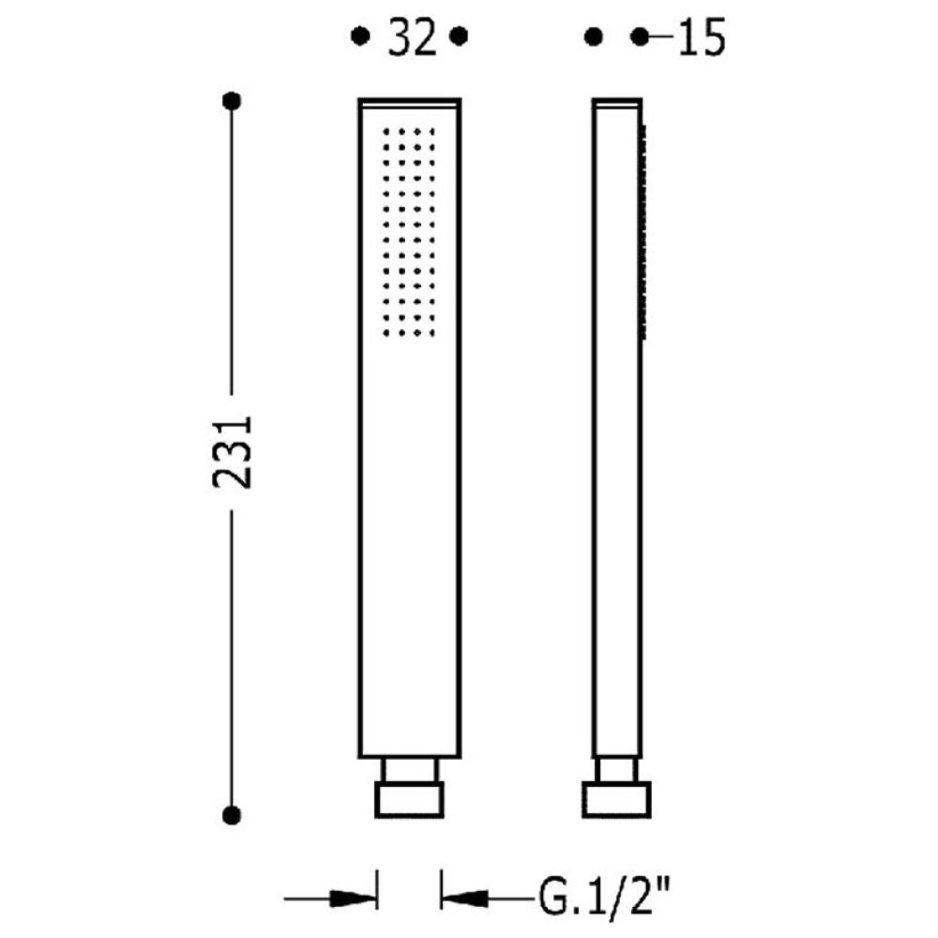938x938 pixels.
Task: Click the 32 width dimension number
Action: point(412,38)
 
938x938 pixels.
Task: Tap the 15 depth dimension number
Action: point(702,38)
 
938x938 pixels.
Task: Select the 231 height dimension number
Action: point(233,452)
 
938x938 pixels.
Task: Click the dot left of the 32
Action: point(360,37)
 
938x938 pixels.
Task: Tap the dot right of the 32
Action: point(459,37)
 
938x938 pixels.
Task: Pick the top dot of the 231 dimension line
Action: point(232,100)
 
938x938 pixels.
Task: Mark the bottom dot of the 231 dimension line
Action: point(232,815)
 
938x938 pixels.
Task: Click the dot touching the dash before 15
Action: point(640,38)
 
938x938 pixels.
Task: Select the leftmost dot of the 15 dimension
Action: point(593,38)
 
